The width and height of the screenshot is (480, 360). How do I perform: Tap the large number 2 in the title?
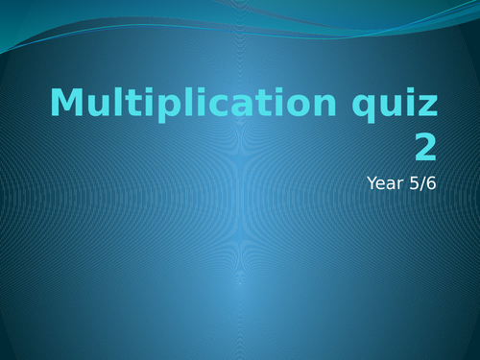tap(424, 147)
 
